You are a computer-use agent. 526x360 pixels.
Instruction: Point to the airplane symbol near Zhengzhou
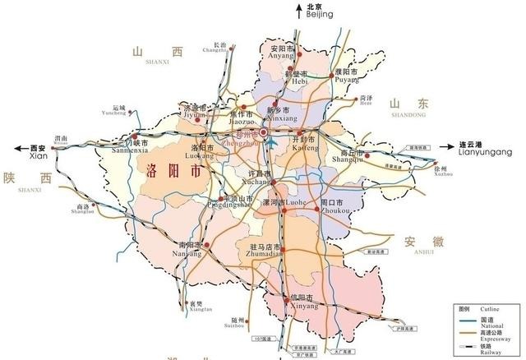click(x=270, y=145)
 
